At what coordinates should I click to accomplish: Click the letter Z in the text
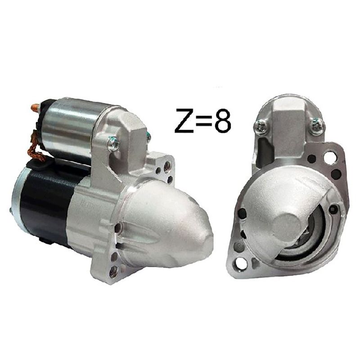click(x=185, y=121)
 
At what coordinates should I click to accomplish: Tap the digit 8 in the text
click(x=222, y=121)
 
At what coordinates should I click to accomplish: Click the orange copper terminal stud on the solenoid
click(x=36, y=107)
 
